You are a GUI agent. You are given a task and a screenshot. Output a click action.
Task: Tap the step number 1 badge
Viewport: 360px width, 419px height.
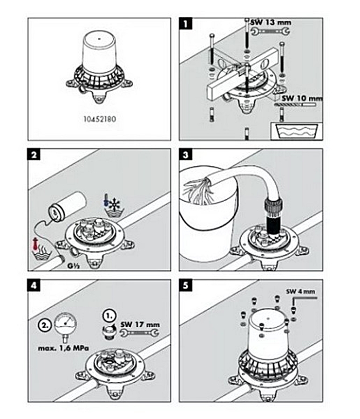click(x=186, y=25)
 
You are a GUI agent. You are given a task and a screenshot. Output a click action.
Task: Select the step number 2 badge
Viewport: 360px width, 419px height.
click(x=34, y=156)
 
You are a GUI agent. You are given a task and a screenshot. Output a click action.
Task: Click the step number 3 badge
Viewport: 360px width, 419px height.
click(x=186, y=156)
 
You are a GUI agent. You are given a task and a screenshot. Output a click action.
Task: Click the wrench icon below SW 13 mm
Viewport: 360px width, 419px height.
click(x=270, y=32)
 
